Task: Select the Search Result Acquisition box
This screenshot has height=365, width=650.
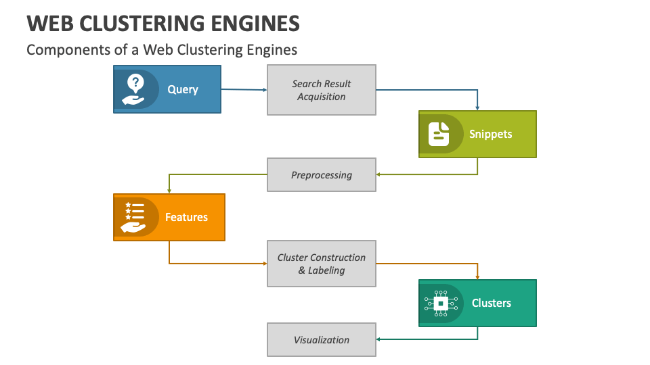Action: coord(322,90)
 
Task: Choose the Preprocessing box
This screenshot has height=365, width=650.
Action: coord(322,174)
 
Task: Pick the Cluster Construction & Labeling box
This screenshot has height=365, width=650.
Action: coord(322,264)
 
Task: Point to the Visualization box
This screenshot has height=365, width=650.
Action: coord(322,339)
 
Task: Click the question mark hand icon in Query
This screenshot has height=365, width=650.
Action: coord(135,89)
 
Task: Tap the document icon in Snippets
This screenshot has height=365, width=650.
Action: coord(439,134)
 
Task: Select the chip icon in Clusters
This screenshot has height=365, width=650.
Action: coord(440,303)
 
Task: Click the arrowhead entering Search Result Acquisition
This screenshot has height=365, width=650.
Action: coord(265,90)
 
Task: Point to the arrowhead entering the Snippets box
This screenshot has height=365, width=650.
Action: coord(477,108)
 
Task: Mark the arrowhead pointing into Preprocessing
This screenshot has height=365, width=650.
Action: coord(378,174)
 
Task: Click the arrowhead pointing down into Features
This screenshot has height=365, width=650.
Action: coord(169,191)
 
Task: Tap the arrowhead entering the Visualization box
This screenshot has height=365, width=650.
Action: coord(378,339)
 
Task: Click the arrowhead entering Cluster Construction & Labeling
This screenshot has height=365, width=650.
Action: coord(265,264)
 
